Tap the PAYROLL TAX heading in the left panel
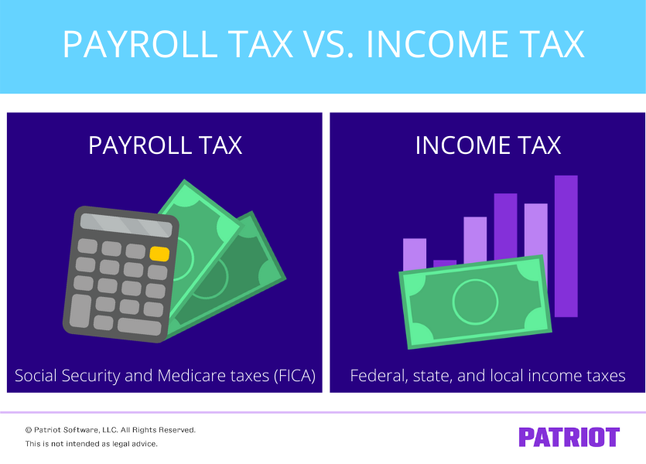(165, 145)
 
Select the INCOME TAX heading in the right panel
(487, 145)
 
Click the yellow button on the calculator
(159, 254)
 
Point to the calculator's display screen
(127, 226)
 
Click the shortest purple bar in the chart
(445, 264)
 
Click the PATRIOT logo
(569, 437)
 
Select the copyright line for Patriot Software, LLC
(110, 429)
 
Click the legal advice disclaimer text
(91, 444)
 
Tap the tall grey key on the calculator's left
(80, 310)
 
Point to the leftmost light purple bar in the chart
(415, 254)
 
